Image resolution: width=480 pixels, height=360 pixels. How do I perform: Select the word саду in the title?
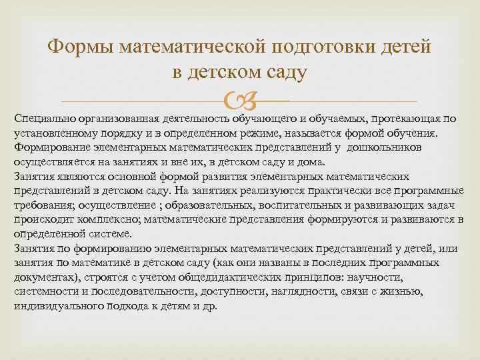(285, 71)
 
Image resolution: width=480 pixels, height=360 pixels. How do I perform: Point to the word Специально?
(47, 119)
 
